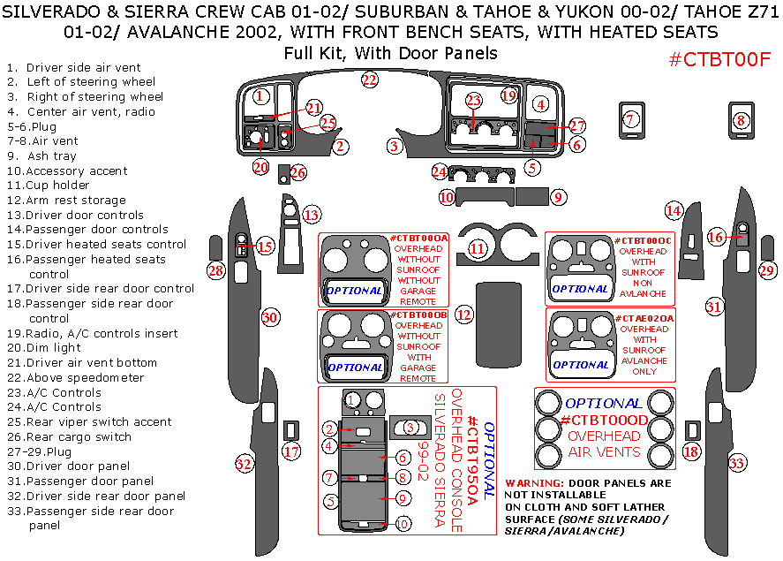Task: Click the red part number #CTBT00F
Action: pos(719,59)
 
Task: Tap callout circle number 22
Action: pos(369,80)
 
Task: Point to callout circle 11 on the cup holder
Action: pos(478,249)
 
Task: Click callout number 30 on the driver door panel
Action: pos(270,317)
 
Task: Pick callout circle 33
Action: pos(736,462)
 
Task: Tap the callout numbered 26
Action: pos(298,173)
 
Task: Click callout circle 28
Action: pos(216,270)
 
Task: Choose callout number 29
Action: pos(767,270)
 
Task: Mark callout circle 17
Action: pos(291,452)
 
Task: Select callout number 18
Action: pos(691,451)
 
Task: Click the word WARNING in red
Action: pos(533,483)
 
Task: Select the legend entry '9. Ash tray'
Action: pos(42,156)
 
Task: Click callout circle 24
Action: pos(440,171)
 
